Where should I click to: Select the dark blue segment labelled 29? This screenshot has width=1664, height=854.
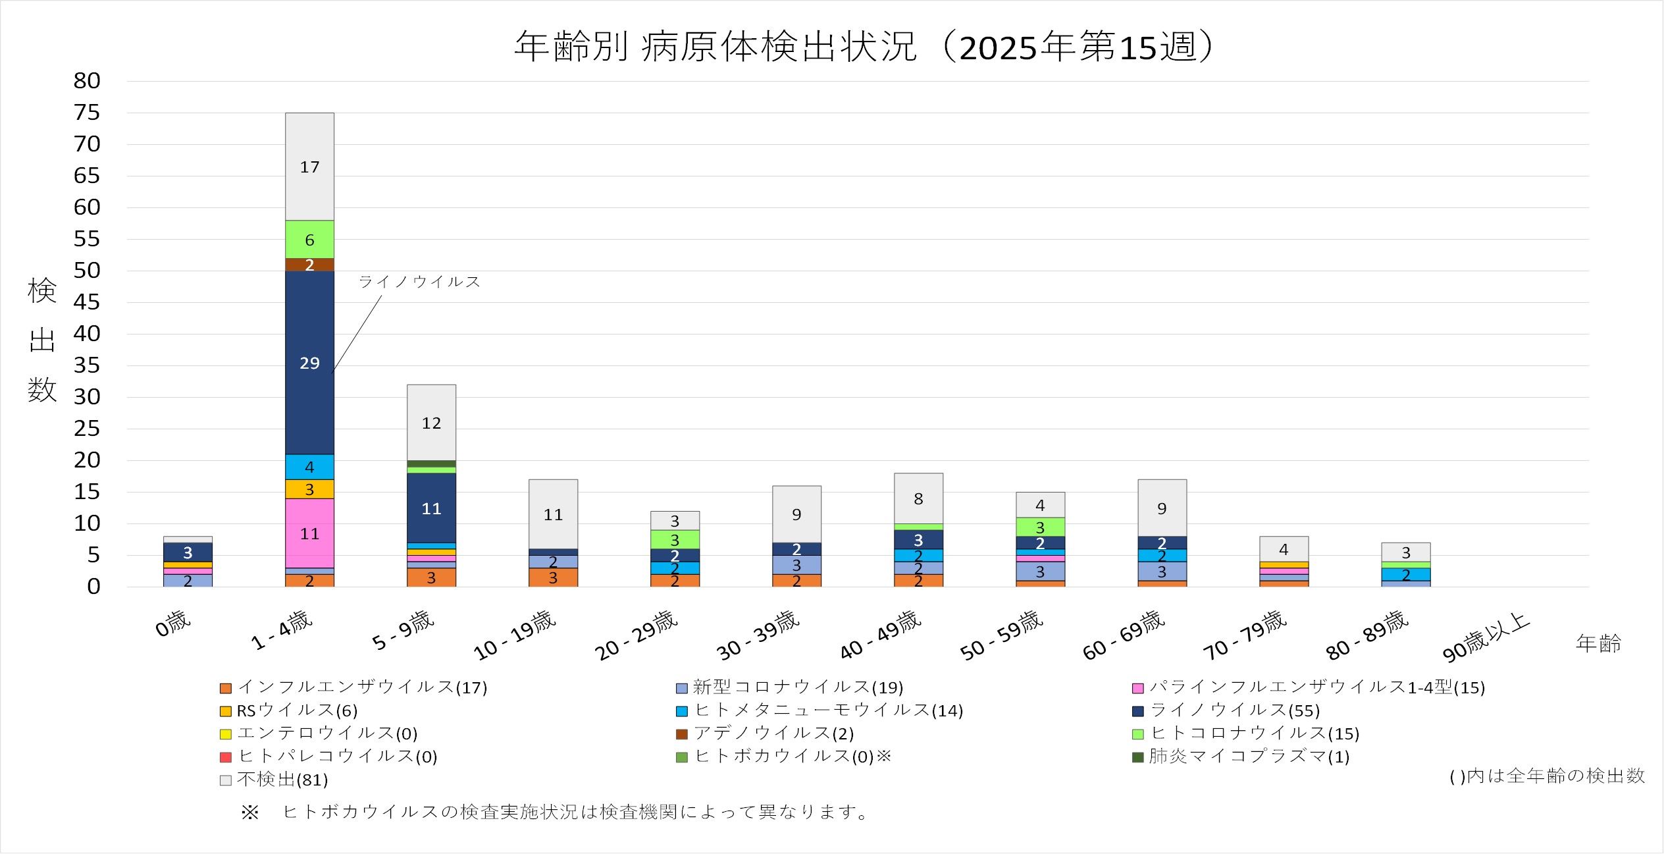[x=309, y=363]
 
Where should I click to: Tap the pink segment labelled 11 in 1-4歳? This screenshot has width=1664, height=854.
[x=309, y=533]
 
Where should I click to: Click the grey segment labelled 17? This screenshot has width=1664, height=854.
[x=309, y=167]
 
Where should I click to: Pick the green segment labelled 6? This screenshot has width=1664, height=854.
[x=309, y=240]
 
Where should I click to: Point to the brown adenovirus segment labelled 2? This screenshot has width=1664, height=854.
[x=309, y=265]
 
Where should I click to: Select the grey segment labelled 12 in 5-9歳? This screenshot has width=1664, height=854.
[x=431, y=423]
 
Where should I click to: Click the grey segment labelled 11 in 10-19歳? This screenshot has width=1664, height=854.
[x=553, y=514]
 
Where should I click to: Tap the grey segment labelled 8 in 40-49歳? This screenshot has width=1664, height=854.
[x=918, y=498]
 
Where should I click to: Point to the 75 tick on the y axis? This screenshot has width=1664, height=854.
[x=87, y=113]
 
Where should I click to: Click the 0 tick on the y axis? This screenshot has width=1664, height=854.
[x=93, y=587]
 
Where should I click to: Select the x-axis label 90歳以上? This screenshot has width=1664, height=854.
[x=1485, y=637]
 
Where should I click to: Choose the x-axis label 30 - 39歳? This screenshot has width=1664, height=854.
[x=757, y=636]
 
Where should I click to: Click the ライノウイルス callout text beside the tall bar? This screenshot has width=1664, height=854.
[x=419, y=282]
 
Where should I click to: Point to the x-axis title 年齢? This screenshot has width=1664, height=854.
[x=1598, y=643]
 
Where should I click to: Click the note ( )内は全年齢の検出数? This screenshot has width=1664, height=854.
[x=1547, y=776]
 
